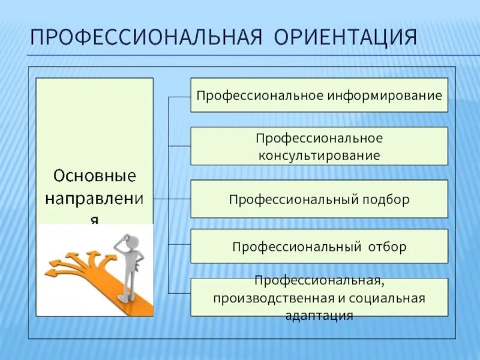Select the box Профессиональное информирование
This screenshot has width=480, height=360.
319,95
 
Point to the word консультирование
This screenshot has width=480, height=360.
319,155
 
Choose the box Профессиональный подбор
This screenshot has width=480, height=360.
319,199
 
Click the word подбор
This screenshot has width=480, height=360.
386,199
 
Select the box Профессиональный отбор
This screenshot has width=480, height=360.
319,246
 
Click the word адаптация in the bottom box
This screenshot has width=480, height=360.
319,314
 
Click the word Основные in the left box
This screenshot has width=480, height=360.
95,176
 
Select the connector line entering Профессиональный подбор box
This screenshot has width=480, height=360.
180,199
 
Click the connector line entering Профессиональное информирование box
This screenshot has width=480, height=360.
180,95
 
